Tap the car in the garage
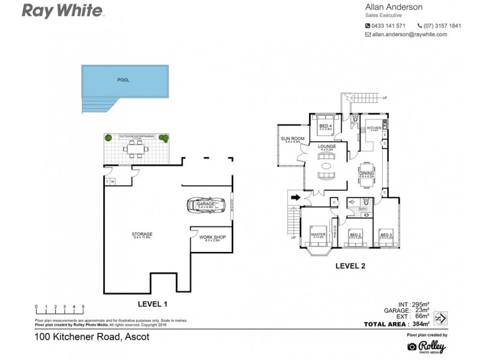click(x=206, y=205)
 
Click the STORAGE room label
click(x=142, y=234)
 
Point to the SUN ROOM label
click(x=293, y=139)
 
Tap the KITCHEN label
click(x=374, y=128)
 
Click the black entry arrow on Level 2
click(x=295, y=196)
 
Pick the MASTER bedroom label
click(x=318, y=235)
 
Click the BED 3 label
click(x=386, y=235)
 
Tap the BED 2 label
click(x=355, y=235)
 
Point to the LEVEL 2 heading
click(x=350, y=265)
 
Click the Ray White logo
click(x=62, y=11)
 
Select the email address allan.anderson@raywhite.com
click(x=410, y=35)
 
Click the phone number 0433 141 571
click(x=389, y=26)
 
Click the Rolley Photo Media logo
click(x=427, y=346)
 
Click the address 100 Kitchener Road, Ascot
click(x=91, y=337)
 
